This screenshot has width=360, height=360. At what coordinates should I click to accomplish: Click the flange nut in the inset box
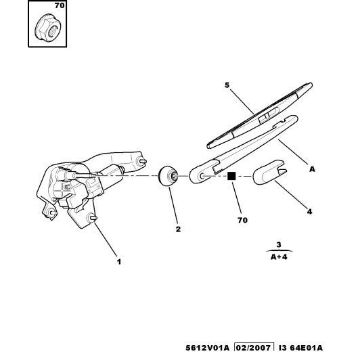click(47, 30)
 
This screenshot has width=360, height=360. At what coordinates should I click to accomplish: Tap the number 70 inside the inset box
click(60, 5)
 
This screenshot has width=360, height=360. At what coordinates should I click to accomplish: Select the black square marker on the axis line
click(231, 177)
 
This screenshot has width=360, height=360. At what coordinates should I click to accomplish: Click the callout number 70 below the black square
click(243, 220)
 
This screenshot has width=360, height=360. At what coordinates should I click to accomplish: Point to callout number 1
click(119, 262)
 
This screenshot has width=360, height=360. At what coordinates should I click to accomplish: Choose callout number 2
click(178, 229)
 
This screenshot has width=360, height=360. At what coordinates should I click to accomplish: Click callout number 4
click(309, 211)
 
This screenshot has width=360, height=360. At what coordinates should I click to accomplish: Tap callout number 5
click(227, 85)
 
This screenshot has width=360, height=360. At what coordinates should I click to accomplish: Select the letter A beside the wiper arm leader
click(312, 169)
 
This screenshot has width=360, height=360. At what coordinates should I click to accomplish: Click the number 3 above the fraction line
click(279, 244)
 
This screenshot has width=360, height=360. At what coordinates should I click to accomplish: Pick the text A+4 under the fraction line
click(279, 256)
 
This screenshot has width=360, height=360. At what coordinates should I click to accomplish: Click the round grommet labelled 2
click(168, 176)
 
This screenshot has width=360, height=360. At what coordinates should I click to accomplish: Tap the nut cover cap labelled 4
click(269, 173)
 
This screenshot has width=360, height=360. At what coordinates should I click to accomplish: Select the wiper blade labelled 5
click(260, 116)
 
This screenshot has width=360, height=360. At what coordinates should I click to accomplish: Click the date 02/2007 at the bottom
click(254, 348)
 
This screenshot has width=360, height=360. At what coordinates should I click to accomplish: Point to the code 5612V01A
click(207, 348)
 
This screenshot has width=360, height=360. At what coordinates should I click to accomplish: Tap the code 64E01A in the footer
click(306, 348)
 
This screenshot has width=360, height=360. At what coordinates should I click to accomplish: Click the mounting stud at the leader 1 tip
click(92, 218)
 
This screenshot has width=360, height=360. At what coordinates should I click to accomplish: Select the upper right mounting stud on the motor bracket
click(141, 161)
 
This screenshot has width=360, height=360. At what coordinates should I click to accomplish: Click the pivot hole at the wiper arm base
click(202, 177)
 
